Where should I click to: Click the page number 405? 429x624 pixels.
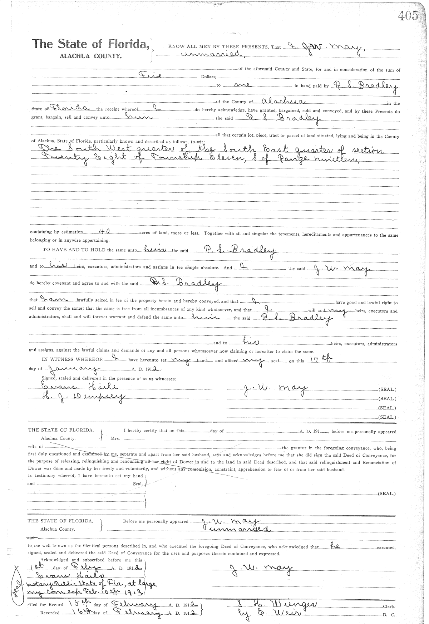[x=407, y=15]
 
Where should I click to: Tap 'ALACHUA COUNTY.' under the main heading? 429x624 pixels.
[x=90, y=56]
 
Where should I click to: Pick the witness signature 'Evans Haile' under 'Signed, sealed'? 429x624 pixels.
[x=79, y=387]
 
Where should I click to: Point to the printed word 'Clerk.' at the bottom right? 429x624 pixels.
[x=388, y=607]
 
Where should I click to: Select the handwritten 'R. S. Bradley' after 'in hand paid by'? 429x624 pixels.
[x=365, y=86]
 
